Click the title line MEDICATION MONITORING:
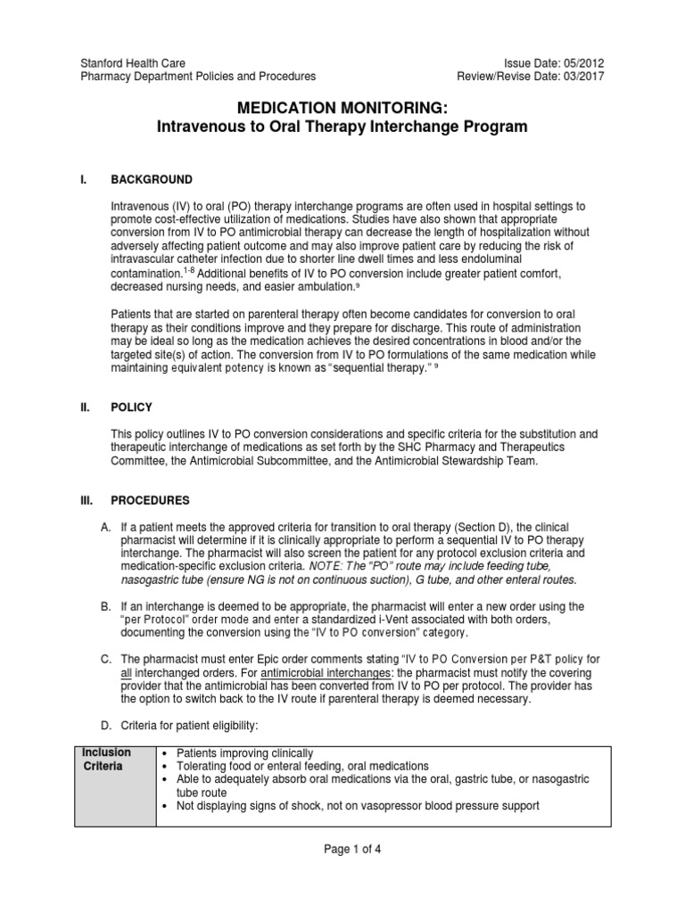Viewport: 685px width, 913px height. click(342, 108)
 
